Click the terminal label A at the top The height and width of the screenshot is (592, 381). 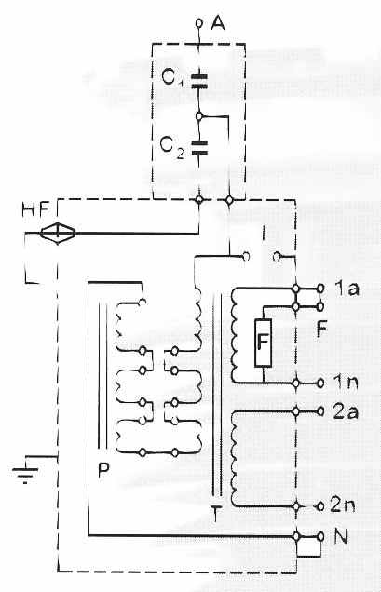(x=218, y=23)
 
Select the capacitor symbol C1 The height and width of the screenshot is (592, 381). (x=199, y=82)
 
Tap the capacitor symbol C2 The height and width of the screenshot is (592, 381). (x=199, y=148)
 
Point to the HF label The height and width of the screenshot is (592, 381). (x=35, y=210)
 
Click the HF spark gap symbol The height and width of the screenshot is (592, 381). (x=58, y=233)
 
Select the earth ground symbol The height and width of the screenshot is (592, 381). (x=25, y=472)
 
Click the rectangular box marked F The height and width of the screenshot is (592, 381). (x=263, y=343)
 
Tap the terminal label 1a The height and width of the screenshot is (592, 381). (x=347, y=289)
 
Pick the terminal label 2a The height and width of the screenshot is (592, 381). (x=346, y=412)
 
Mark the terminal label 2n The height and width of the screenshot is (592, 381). (x=343, y=505)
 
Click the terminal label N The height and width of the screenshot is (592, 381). (x=341, y=536)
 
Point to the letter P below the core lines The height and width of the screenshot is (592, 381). (x=103, y=470)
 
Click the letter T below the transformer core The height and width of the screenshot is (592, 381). (x=215, y=515)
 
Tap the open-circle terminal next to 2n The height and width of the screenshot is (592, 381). (x=320, y=506)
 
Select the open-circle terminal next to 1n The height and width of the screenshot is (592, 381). (x=320, y=383)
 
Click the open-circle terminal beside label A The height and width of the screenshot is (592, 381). (x=199, y=23)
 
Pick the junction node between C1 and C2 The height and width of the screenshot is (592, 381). (x=199, y=116)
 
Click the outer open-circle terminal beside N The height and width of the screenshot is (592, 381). (x=320, y=536)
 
